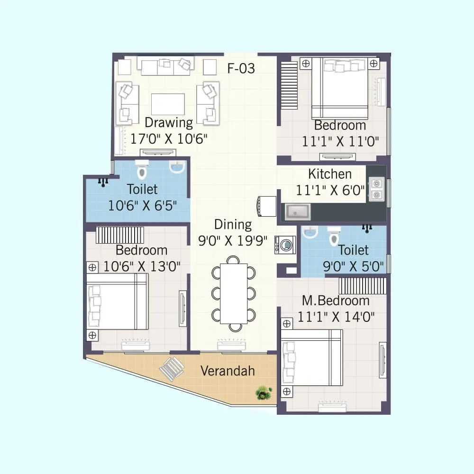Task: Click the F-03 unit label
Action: [241, 69]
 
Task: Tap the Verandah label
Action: [227, 371]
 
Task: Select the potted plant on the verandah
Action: [263, 392]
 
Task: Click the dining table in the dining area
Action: [233, 293]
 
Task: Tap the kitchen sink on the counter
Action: [297, 211]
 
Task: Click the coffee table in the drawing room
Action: [168, 104]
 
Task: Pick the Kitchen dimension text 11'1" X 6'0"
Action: [330, 191]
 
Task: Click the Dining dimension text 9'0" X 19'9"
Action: [233, 240]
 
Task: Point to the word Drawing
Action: [169, 123]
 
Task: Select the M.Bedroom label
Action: [336, 301]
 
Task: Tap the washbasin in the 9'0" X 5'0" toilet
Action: [310, 232]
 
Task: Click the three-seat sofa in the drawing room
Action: [165, 66]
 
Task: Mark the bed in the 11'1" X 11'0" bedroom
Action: [339, 89]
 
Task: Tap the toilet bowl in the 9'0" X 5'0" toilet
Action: [335, 235]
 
